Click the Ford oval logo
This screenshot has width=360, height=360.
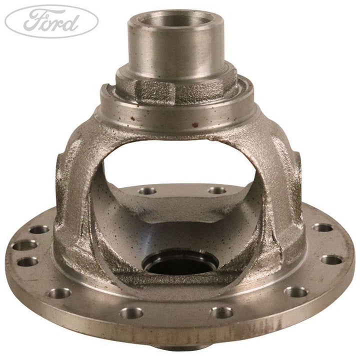(x=51, y=21)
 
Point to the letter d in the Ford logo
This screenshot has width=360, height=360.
(x=71, y=22)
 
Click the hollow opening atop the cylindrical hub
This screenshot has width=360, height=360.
(x=175, y=19)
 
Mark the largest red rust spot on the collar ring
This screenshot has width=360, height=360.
(x=195, y=124)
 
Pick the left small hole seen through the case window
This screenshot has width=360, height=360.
(x=147, y=191)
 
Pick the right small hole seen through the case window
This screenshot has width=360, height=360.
(x=217, y=190)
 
